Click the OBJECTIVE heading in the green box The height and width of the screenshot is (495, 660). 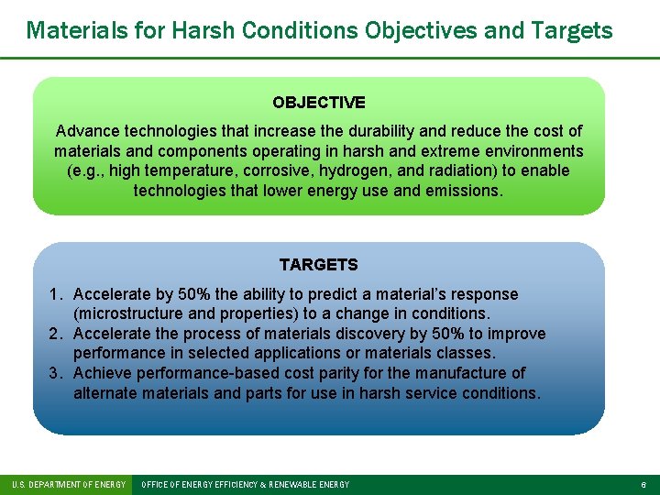(x=319, y=103)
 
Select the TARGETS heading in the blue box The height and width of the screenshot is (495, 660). (x=318, y=265)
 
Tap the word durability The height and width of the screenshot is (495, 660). (x=343, y=131)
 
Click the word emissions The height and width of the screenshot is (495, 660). (x=464, y=191)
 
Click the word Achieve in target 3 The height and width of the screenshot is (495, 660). (x=103, y=373)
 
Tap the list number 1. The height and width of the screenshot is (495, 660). (x=55, y=294)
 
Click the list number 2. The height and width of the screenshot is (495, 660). (x=55, y=334)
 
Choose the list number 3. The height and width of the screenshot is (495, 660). (x=55, y=373)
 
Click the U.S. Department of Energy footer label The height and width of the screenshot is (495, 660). (x=68, y=484)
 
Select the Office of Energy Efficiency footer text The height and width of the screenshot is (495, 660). (x=246, y=484)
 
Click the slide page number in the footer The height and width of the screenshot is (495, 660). (x=643, y=484)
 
